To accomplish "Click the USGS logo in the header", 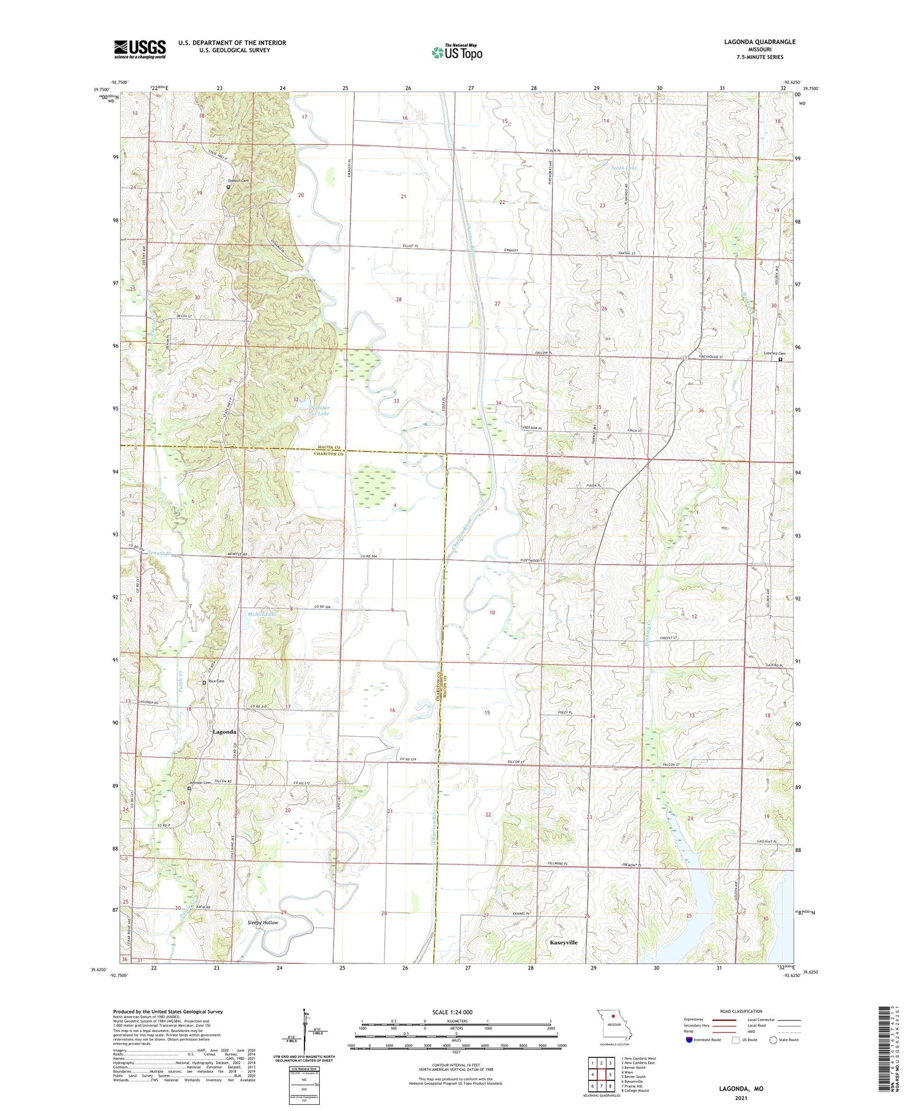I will (140, 49).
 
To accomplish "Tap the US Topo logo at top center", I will (457, 53).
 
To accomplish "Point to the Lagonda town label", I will (224, 732).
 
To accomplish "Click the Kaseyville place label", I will (564, 942).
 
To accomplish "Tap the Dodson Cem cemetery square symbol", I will (228, 188).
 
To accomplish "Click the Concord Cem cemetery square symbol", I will (780, 360).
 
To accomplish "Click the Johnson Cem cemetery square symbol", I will (189, 789).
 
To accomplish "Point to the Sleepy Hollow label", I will (263, 922).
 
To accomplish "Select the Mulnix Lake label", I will (263, 613).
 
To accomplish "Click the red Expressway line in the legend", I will (723, 1020).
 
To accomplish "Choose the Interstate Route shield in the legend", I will (689, 1040).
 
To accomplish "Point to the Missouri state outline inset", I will (615, 1022).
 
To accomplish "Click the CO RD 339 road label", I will (409, 760).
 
